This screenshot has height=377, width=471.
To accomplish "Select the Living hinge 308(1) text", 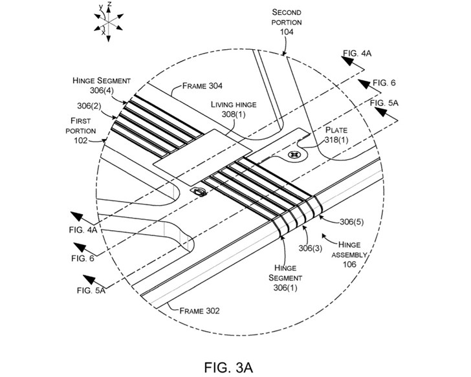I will click(232, 109).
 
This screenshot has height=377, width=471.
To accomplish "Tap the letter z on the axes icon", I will click(111, 5).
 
